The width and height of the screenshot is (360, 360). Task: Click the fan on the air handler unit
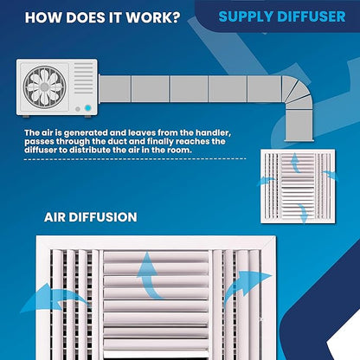(x=44, y=87)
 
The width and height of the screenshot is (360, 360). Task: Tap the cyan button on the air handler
(x=88, y=108)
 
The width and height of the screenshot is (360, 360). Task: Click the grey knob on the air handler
(x=78, y=109)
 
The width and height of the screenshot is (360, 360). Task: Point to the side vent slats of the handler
(x=84, y=78)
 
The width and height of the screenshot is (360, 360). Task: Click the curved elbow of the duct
(x=297, y=93)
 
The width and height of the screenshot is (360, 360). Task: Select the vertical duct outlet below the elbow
(x=299, y=125)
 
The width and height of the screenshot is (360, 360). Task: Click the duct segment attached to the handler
(x=114, y=89)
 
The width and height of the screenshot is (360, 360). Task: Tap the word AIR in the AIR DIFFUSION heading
(x=55, y=217)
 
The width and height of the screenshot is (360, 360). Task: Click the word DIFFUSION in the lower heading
(x=103, y=217)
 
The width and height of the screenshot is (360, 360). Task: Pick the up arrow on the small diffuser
(x=295, y=163)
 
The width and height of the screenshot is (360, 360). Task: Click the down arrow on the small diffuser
(x=304, y=213)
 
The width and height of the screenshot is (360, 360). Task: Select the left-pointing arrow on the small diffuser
(x=266, y=181)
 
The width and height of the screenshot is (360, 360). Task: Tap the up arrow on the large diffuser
(x=149, y=276)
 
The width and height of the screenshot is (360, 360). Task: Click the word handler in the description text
(x=213, y=133)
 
